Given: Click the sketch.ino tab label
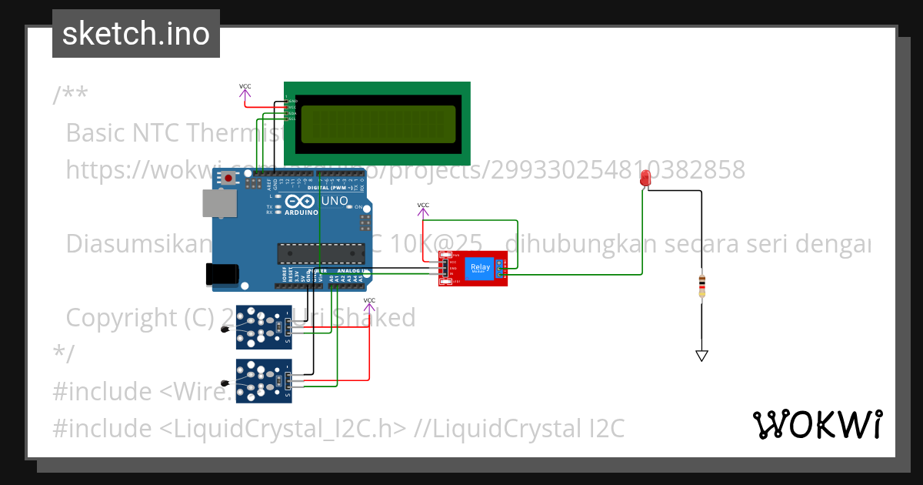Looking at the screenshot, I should click(135, 34).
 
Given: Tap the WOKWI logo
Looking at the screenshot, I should click(817, 425).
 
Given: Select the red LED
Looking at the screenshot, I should click(645, 179).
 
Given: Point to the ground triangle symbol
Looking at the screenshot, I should click(701, 356).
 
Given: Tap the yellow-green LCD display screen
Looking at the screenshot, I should click(376, 124).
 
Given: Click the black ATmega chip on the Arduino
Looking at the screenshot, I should click(321, 253).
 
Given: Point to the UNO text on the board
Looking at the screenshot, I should click(333, 202).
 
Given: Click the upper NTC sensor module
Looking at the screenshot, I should click(264, 323).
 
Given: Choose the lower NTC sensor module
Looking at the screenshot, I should click(264, 380).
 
